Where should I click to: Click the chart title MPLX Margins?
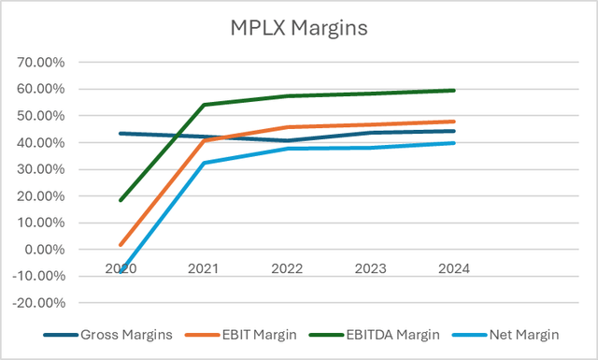299,28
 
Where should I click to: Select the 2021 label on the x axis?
204,268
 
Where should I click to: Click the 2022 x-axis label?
286,268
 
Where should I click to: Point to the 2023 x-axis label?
368,268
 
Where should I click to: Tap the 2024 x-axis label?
450,268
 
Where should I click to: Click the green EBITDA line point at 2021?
204,105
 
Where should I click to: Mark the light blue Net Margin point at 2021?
204,163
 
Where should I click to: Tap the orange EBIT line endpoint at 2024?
454,122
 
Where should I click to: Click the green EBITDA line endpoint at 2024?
454,91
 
